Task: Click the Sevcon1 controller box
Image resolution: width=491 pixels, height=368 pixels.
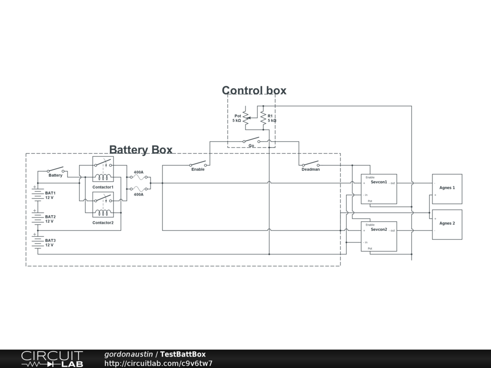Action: click(379, 189)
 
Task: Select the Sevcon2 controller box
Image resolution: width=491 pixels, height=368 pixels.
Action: click(379, 237)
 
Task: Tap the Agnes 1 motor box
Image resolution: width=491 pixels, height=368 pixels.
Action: click(447, 189)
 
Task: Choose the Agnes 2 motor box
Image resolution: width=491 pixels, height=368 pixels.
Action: click(447, 225)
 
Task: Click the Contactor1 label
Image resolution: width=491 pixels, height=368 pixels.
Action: click(103, 187)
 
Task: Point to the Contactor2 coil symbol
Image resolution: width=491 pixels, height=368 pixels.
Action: click(103, 213)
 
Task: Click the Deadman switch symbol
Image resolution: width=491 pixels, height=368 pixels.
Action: click(311, 164)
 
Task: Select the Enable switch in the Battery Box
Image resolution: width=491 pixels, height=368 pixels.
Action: click(198, 164)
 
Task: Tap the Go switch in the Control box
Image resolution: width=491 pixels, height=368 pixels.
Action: click(251, 140)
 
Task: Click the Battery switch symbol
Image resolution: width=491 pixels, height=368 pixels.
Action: click(56, 170)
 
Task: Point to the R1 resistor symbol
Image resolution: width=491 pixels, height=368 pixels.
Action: click(263, 118)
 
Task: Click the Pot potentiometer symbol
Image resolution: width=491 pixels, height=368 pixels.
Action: click(246, 118)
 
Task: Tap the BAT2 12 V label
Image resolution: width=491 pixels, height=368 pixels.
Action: click(50, 219)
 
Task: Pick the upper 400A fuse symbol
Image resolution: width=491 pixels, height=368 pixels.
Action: click(139, 177)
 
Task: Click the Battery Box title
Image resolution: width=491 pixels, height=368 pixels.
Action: click(141, 149)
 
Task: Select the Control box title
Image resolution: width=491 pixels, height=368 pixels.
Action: click(254, 91)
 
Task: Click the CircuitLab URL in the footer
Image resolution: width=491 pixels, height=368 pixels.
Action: click(158, 363)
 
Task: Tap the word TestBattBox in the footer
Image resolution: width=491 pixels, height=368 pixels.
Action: click(183, 354)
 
